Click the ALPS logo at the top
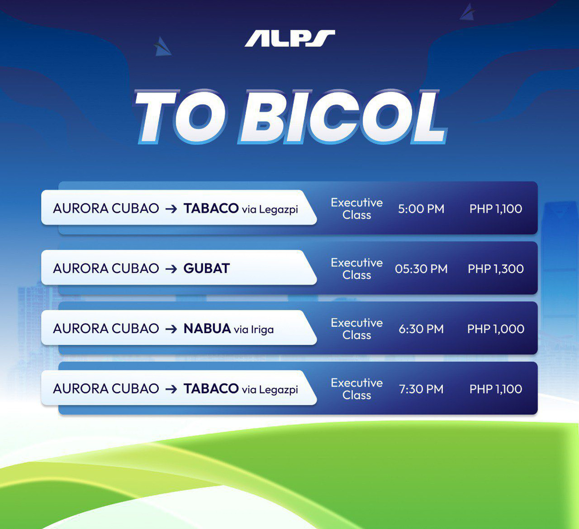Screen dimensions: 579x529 [289, 38]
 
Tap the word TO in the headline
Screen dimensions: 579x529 [180, 116]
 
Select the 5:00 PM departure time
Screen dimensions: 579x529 [421, 209]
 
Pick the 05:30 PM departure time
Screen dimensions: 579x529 [421, 269]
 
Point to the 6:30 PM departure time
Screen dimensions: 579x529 [421, 329]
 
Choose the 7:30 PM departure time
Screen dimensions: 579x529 [421, 389]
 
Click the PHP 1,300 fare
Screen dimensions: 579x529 [496, 269]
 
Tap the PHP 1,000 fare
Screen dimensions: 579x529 [496, 329]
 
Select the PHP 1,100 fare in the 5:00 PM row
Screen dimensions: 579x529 [496, 209]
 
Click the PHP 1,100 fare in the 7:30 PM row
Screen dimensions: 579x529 [496, 389]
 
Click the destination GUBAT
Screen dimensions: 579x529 [206, 268]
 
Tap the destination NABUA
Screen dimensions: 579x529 [207, 328]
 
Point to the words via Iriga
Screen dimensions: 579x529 [254, 330]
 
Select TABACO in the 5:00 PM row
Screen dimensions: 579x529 [211, 208]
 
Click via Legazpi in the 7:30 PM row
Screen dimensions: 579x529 [270, 390]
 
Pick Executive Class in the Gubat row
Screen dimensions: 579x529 [357, 269]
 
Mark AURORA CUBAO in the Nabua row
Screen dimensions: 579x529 [106, 328]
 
